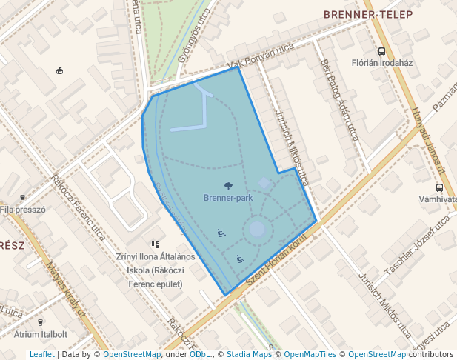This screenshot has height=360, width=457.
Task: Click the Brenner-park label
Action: [228, 199]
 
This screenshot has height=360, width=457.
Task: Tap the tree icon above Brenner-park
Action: [228, 187]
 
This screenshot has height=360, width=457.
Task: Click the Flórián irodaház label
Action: [381, 63]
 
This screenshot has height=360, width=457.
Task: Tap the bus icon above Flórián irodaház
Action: [381, 51]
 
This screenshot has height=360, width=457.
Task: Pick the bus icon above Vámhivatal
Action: [439, 187]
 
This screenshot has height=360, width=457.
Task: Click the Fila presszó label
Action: [23, 210]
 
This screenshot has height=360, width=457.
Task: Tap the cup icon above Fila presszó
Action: [22, 198]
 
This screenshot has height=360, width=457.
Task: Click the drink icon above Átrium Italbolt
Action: [40, 323]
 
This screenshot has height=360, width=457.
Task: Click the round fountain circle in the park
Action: [256, 229]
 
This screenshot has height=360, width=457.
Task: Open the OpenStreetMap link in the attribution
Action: [131, 354]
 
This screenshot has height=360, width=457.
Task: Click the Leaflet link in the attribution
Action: [41, 354]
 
